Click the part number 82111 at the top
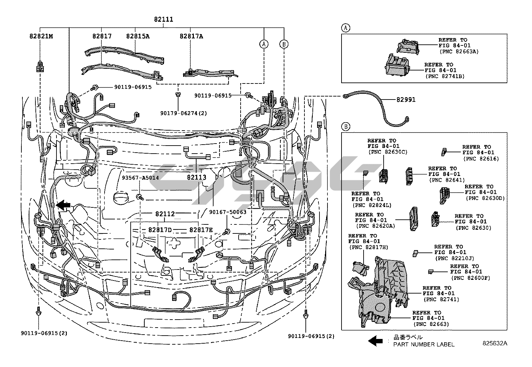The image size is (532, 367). (x=163, y=19)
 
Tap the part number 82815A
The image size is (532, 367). (x=138, y=36)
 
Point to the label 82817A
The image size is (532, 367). (x=191, y=36)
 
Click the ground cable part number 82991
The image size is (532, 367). (x=406, y=100)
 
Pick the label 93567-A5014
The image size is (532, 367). (x=140, y=178)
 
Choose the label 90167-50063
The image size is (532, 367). (x=228, y=212)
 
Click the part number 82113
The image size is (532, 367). (x=196, y=177)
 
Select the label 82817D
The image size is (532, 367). (x=160, y=230)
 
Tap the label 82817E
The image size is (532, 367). (x=201, y=230)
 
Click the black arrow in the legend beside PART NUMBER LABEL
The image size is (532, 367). (x=375, y=341)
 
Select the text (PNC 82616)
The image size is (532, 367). (x=481, y=159)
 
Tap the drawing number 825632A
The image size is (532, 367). (x=494, y=343)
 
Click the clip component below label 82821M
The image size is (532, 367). (x=40, y=66)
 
